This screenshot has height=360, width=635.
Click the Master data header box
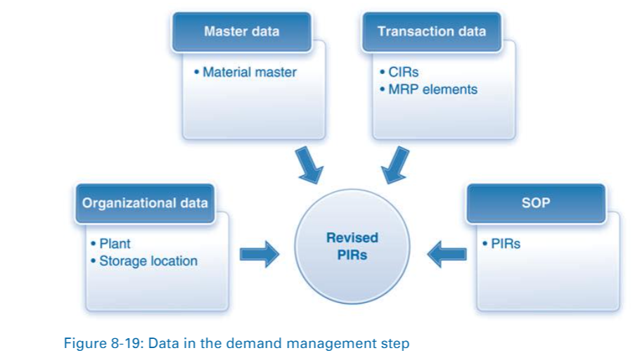[241, 32]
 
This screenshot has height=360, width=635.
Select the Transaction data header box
[431, 32]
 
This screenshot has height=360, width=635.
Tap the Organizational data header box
[145, 203]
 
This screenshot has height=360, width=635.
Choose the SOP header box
[536, 203]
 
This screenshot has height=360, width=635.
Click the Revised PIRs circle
[352, 246]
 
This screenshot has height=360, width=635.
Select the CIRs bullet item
[402, 72]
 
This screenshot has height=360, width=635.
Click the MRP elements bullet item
[432, 89]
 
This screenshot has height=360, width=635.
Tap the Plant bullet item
[115, 243]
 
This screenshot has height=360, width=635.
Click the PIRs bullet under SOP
[505, 244]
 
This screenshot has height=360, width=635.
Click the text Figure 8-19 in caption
[99, 344]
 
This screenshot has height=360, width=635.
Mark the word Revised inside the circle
[352, 238]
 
